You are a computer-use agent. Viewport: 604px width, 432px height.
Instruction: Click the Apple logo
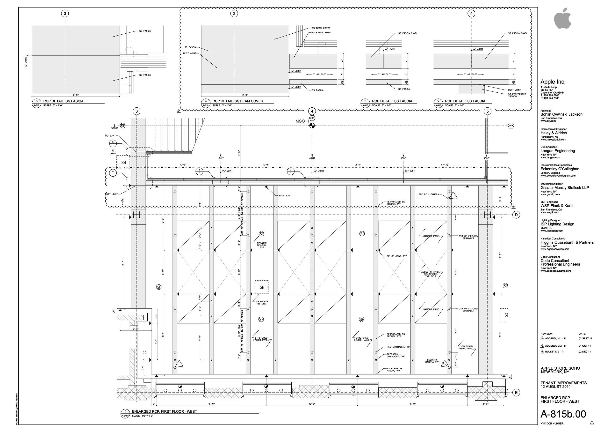pos(562,19)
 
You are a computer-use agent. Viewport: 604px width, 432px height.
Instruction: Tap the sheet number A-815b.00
pos(563,414)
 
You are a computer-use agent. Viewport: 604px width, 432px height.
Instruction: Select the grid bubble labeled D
pos(516,215)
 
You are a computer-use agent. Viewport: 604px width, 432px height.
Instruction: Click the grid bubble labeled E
pos(516,393)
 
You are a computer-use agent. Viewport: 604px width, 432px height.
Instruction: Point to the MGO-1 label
pos(302,121)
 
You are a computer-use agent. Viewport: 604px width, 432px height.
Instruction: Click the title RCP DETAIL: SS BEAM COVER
pos(237,101)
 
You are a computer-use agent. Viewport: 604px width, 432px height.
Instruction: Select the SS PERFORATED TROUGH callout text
pos(517,95)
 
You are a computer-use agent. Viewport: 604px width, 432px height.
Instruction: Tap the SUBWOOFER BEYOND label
pos(262,302)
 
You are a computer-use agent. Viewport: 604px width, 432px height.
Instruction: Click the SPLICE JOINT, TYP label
pos(397,256)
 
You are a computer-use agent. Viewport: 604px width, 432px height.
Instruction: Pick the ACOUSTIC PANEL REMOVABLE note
pos(431,274)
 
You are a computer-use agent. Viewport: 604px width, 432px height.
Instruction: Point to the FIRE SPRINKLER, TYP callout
pos(398,347)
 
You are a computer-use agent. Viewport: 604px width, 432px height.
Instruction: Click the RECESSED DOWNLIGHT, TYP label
pos(395,355)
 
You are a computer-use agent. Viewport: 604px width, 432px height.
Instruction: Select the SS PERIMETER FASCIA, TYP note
pos(395,370)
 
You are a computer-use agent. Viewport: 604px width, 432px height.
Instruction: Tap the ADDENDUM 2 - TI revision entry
pos(555,346)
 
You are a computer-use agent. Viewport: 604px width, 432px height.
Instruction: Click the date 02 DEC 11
pos(585,352)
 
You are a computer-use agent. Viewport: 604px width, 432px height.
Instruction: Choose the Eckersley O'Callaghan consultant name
pos(560,169)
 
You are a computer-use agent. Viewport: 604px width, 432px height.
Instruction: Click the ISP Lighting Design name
pos(557,224)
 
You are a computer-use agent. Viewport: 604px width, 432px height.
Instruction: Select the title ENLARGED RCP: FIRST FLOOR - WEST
pos(164,411)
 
